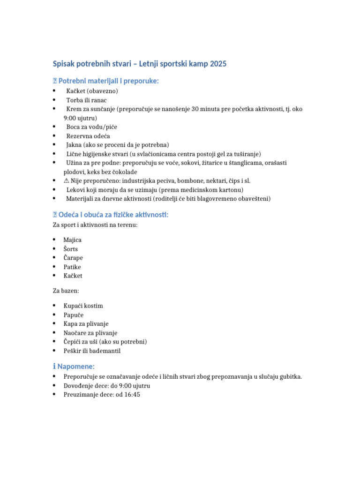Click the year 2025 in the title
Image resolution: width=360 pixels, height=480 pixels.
[218, 64]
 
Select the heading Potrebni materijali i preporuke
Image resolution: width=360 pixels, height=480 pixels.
[108, 81]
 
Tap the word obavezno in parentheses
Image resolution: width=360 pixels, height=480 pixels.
[103, 91]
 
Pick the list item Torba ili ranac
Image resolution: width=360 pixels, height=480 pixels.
[86, 100]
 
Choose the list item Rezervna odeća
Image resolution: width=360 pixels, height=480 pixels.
[88, 136]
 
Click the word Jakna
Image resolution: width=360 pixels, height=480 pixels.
[74, 145]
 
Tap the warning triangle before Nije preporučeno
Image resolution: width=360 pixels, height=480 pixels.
[67, 181]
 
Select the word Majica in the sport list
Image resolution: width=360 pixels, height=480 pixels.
[73, 240]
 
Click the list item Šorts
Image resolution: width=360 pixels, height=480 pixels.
[72, 249]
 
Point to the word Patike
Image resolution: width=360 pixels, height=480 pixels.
[72, 267]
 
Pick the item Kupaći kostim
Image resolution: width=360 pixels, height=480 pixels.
[83, 306]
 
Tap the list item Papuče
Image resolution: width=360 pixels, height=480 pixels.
[74, 315]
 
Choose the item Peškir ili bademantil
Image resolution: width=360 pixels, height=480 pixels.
[92, 351]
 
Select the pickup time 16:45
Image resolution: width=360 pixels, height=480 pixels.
[132, 395]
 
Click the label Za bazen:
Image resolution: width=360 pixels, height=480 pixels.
[66, 291]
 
